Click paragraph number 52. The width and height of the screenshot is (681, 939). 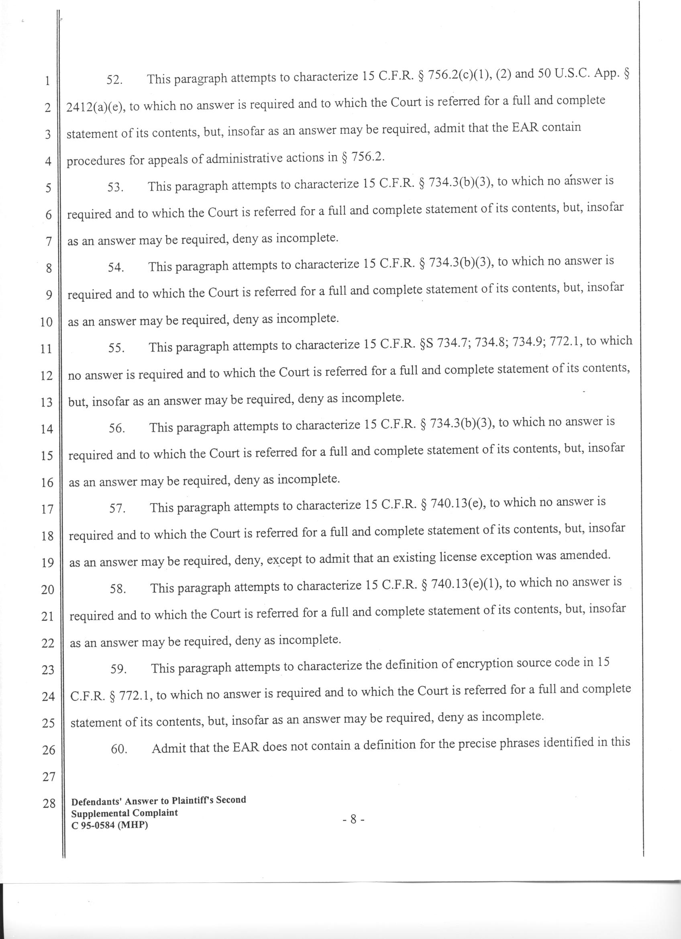[114, 80]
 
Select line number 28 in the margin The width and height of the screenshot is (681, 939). [49, 804]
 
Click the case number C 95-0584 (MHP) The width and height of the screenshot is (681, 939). [110, 825]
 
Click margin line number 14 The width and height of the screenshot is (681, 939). [47, 429]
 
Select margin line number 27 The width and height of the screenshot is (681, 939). [49, 777]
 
